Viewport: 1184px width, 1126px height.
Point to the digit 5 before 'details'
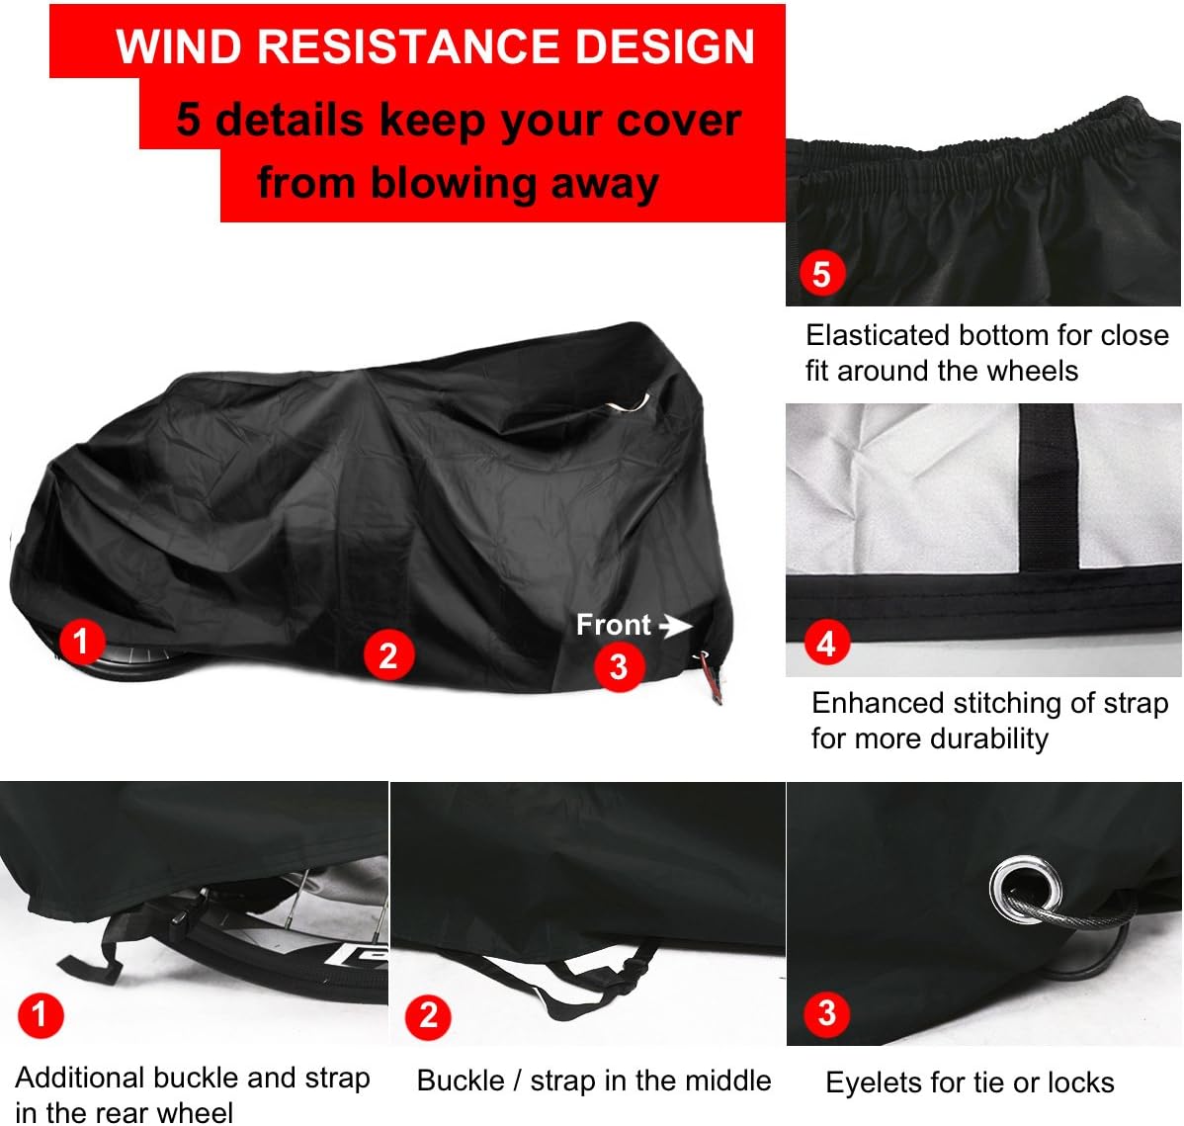[x=189, y=121]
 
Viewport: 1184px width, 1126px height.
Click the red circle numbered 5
[x=821, y=274]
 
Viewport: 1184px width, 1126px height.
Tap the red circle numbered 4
[x=826, y=644]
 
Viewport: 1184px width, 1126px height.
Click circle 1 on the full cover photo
[x=81, y=641]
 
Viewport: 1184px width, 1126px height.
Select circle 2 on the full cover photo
[x=387, y=655]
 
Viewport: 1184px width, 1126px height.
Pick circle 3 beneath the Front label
[x=619, y=666]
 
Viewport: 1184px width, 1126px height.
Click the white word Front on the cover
[x=614, y=625]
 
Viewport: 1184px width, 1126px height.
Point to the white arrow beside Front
[x=675, y=626]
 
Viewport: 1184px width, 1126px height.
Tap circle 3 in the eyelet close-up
[x=827, y=1012]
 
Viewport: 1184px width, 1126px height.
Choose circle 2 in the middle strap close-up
[x=428, y=1015]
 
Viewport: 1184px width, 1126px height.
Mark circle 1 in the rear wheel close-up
[x=40, y=1014]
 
